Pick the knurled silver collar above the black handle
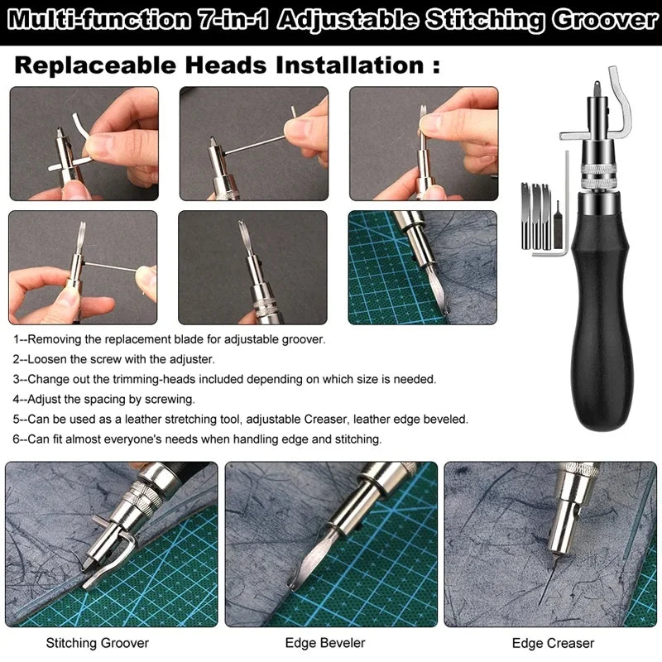click(597, 176)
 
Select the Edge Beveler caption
click(325, 642)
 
